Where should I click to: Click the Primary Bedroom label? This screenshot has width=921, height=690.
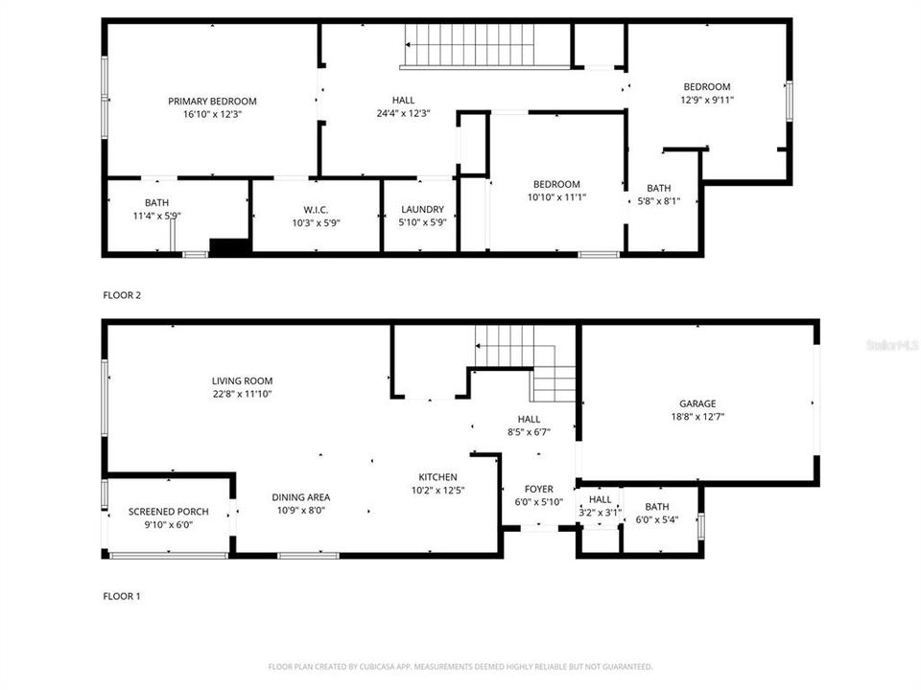click(x=212, y=102)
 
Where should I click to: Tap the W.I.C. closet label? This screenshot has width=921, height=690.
click(x=316, y=209)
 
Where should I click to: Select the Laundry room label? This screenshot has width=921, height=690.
click(x=422, y=209)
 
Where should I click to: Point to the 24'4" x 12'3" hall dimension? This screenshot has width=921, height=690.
click(x=404, y=113)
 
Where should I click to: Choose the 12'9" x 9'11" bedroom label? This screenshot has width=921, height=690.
click(x=706, y=87)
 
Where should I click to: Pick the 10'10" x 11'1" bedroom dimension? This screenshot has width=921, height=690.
click(x=556, y=197)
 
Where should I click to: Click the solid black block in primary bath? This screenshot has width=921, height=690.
click(x=229, y=247)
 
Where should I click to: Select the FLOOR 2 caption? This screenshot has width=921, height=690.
click(x=122, y=295)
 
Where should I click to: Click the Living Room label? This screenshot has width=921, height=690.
click(x=243, y=380)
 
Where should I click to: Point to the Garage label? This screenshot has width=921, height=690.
click(x=697, y=403)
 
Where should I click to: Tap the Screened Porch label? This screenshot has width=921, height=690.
click(x=168, y=512)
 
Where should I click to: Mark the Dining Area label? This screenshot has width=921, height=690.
click(x=301, y=497)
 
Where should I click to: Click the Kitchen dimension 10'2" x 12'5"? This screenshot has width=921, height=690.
click(x=437, y=491)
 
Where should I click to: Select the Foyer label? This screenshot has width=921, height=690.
click(x=538, y=490)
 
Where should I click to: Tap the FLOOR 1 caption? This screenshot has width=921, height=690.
click(x=122, y=596)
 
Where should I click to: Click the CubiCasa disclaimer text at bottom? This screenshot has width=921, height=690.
click(x=460, y=666)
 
